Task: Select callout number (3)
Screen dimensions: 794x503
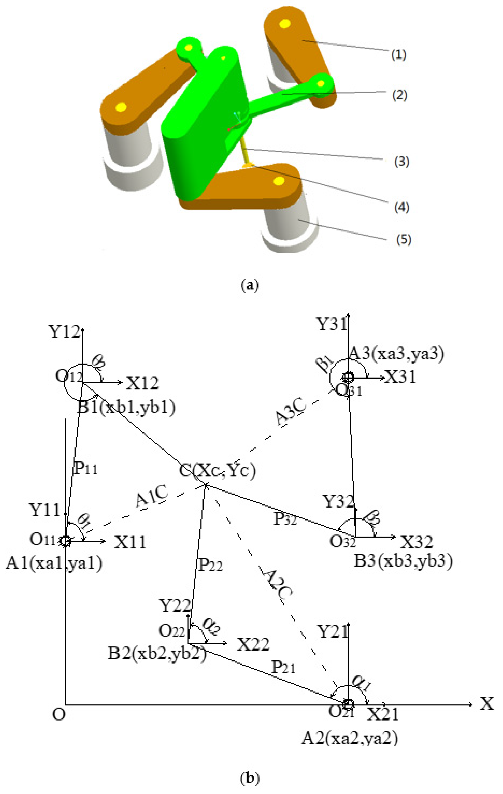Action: click(401, 162)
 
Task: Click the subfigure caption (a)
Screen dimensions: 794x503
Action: click(250, 285)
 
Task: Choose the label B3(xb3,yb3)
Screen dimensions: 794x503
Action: click(403, 561)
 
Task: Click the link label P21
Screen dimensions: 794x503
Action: click(283, 667)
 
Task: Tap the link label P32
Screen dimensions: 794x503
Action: click(285, 519)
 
